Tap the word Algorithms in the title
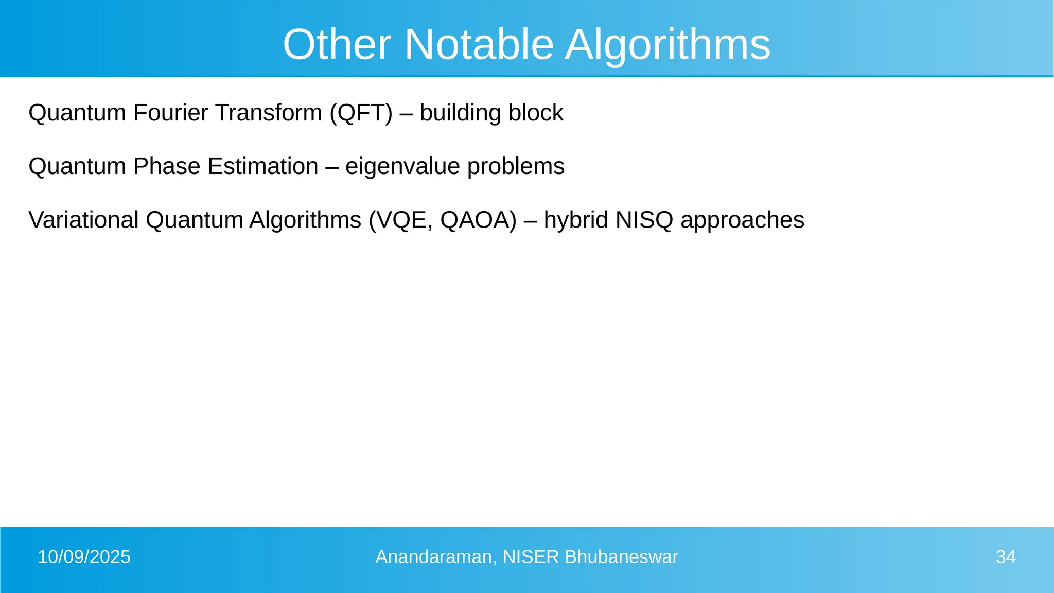tap(667, 44)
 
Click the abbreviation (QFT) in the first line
tap(361, 113)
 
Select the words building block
tap(491, 113)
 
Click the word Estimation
tap(263, 166)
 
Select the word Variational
tap(83, 220)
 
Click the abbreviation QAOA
tap(478, 220)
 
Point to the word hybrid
tap(576, 220)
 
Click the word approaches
tap(742, 220)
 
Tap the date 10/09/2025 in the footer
tap(84, 557)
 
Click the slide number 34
tap(1006, 557)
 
